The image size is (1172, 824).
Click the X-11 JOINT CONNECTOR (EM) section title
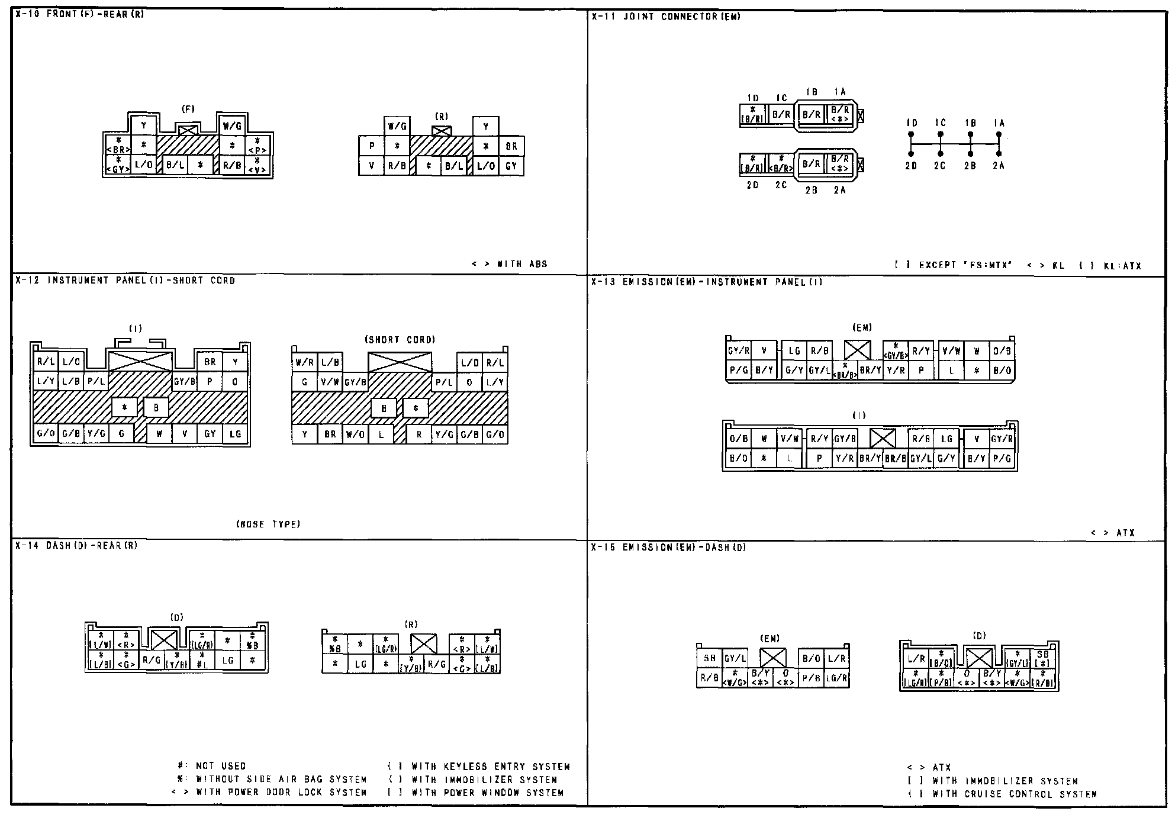pyautogui.click(x=666, y=17)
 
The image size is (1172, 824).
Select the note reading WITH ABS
pyautogui.click(x=509, y=264)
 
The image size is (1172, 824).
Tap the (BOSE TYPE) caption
pyautogui.click(x=268, y=524)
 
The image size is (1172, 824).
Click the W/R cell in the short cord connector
pyautogui.click(x=304, y=362)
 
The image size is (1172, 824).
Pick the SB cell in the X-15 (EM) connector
pyautogui.click(x=709, y=658)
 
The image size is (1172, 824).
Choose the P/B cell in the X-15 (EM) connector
pyautogui.click(x=810, y=678)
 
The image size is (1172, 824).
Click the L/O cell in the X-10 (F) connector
pyautogui.click(x=144, y=165)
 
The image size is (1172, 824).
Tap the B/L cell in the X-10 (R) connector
pyautogui.click(x=453, y=166)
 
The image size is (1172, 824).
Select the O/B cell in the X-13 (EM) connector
pyautogui.click(x=1002, y=351)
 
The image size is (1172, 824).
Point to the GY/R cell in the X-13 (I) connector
pyautogui.click(x=1002, y=439)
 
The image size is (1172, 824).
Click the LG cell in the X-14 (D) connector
pyautogui.click(x=228, y=661)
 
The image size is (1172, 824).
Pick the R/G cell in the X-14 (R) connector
pyautogui.click(x=437, y=664)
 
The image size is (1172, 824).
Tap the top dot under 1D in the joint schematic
pyautogui.click(x=911, y=134)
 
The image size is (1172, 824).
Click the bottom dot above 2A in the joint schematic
pyautogui.click(x=999, y=154)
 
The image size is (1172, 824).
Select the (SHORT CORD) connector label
pyautogui.click(x=400, y=340)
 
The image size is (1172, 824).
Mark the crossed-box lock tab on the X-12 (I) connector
pyautogui.click(x=140, y=360)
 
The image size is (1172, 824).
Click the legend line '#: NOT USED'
pyautogui.click(x=212, y=766)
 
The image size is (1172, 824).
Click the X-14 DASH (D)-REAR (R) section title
pyautogui.click(x=76, y=546)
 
